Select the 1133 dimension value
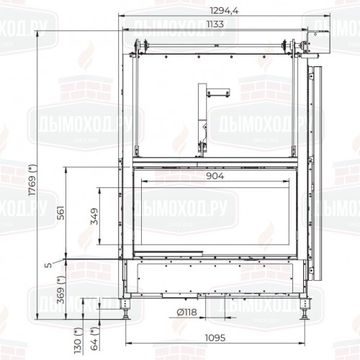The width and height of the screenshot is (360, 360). (214, 24)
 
